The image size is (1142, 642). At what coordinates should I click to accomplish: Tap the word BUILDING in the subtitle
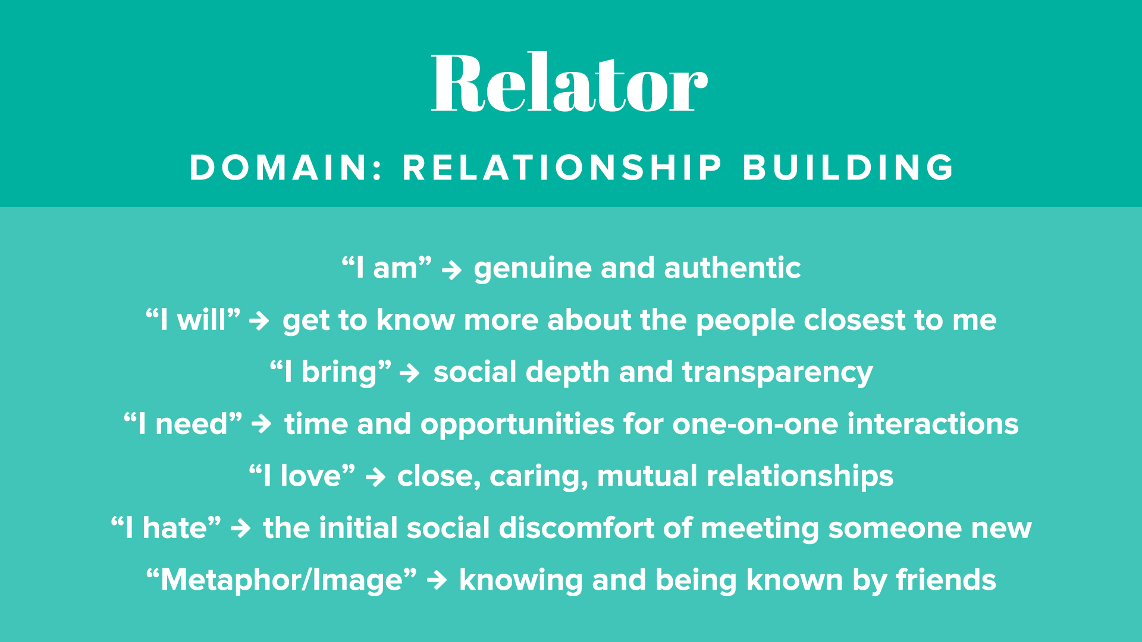pyautogui.click(x=848, y=168)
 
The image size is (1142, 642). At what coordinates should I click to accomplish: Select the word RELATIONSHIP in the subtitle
pyautogui.click(x=562, y=168)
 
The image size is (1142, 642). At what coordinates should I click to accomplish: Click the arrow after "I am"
pyautogui.click(x=452, y=270)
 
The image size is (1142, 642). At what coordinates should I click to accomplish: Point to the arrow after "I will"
pyautogui.click(x=259, y=322)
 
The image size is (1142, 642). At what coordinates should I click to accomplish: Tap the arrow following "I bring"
pyautogui.click(x=410, y=374)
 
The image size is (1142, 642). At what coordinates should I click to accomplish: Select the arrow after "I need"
pyautogui.click(x=262, y=424)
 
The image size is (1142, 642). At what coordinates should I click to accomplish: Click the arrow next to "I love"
pyautogui.click(x=376, y=477)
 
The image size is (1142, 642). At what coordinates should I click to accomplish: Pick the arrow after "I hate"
pyautogui.click(x=241, y=528)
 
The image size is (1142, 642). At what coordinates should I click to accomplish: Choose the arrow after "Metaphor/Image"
pyautogui.click(x=437, y=580)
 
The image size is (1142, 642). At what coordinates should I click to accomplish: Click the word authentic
pyautogui.click(x=732, y=268)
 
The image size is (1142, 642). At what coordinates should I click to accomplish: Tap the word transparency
pyautogui.click(x=777, y=373)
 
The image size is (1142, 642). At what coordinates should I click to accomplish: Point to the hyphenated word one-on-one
pyautogui.click(x=755, y=425)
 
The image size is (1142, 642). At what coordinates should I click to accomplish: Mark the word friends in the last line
pyautogui.click(x=946, y=580)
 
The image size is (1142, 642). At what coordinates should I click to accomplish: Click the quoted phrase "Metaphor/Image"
pyautogui.click(x=281, y=580)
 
